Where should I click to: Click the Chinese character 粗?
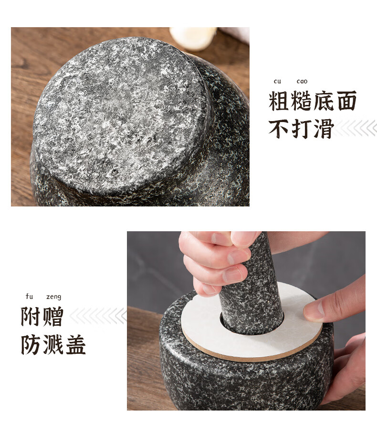click(279, 101)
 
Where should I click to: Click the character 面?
click(346, 101)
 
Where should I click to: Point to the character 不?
click(279, 129)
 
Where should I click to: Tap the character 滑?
click(324, 129)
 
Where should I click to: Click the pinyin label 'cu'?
click(277, 82)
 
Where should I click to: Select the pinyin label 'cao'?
click(302, 82)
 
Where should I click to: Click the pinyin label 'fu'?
click(29, 297)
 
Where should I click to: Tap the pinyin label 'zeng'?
click(54, 297)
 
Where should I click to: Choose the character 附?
click(31, 317)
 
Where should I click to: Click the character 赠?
click(53, 317)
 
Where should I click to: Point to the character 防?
click(31, 344)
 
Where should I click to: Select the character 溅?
click(53, 344)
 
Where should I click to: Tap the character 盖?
click(75, 344)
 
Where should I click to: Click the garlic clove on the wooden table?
click(193, 38)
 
